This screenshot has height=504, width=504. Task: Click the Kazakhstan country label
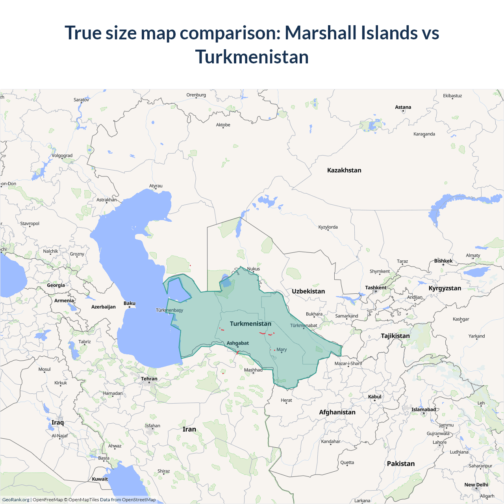click(344, 170)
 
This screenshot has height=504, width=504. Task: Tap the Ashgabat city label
click(237, 343)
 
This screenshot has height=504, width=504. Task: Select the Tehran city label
click(149, 379)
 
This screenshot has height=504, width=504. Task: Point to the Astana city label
click(403, 107)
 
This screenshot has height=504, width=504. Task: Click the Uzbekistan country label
click(308, 291)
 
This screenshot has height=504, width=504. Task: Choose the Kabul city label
click(375, 397)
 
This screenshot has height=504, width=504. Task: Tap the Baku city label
click(130, 303)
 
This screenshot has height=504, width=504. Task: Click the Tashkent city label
click(376, 287)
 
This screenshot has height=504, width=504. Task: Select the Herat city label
click(286, 400)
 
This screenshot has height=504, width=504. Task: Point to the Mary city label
click(282, 349)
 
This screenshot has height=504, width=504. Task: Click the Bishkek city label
click(443, 261)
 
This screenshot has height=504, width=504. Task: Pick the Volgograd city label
click(62, 156)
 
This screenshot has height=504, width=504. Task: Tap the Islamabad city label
click(424, 409)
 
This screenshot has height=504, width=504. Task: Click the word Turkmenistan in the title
click(252, 57)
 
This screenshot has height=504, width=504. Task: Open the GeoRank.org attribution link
click(16, 500)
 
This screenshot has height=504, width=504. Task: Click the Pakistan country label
click(401, 463)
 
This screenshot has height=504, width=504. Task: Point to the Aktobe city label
click(223, 125)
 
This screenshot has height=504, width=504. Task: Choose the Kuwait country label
click(100, 479)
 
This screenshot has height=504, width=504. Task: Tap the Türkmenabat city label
click(303, 325)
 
